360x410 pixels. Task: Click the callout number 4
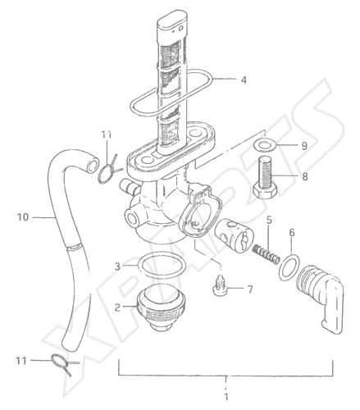tap(244, 80)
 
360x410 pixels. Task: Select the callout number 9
tap(304, 146)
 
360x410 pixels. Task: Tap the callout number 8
tap(305, 176)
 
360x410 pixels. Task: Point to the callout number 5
tap(269, 220)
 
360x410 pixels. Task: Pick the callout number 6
tap(292, 233)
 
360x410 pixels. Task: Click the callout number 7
tap(250, 289)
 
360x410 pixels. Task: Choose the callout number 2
tap(117, 307)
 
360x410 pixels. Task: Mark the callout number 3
tap(117, 266)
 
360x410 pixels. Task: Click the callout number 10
tap(23, 217)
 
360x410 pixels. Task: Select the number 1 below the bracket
tap(226, 396)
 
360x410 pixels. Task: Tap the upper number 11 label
tap(107, 134)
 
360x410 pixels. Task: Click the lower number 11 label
tap(21, 361)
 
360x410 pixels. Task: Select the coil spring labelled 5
tap(266, 253)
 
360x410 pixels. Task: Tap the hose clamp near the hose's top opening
tap(109, 171)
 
